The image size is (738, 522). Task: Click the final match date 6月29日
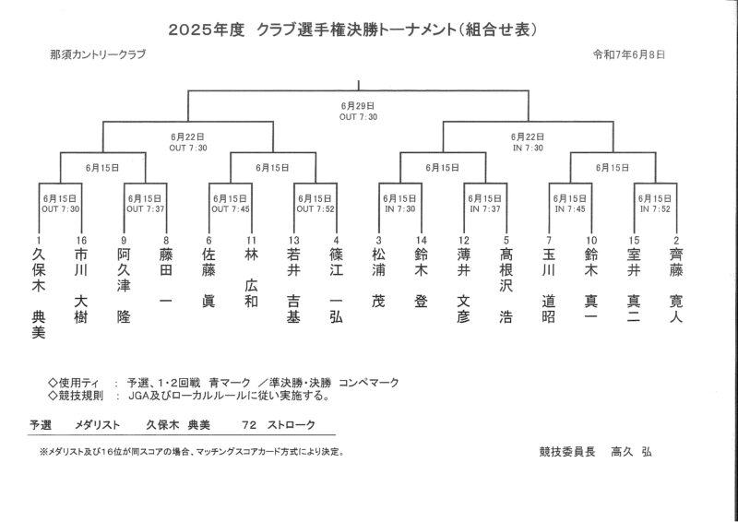(x=358, y=106)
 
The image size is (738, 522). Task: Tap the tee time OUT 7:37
(x=145, y=209)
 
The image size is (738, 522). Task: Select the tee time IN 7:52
(x=655, y=209)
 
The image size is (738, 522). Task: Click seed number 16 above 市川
(x=81, y=241)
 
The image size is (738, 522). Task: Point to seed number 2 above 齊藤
(x=676, y=241)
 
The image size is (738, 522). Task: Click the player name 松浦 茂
(x=378, y=279)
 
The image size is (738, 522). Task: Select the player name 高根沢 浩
(x=506, y=286)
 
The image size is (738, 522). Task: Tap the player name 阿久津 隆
(x=124, y=286)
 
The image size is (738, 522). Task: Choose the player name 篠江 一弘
(x=336, y=286)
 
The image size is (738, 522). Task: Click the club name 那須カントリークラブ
(x=98, y=54)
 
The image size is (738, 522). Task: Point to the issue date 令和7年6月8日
(x=629, y=54)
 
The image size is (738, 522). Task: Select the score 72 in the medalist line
(x=249, y=425)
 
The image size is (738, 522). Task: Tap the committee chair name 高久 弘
(x=631, y=452)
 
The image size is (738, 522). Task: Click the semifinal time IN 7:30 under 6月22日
(x=528, y=148)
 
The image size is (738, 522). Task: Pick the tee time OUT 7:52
(x=315, y=209)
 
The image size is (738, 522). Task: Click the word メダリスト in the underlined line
(x=98, y=425)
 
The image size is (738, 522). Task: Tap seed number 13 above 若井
(x=293, y=241)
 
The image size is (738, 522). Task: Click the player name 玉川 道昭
(x=549, y=286)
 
